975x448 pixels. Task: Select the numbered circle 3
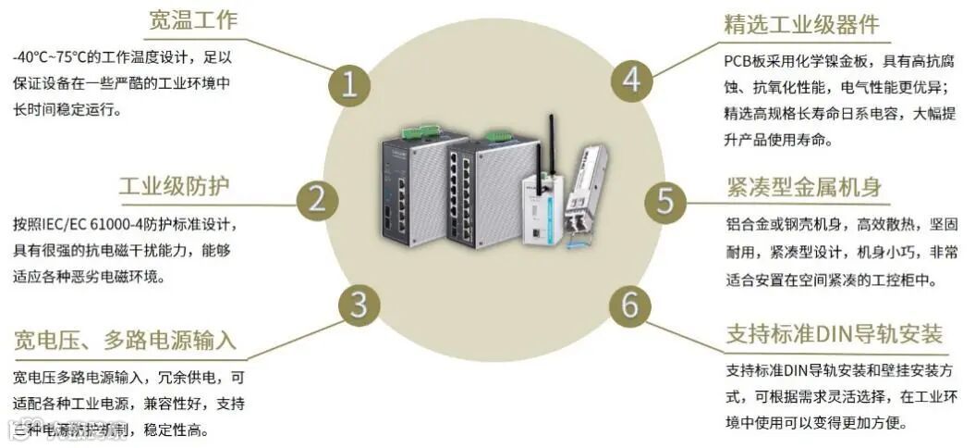360,305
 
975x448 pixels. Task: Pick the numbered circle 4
631,80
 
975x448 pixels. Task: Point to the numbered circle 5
664,198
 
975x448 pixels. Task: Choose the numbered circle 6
629,305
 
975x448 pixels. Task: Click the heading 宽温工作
193,20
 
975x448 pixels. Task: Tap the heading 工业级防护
174,185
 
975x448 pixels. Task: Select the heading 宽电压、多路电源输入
125,340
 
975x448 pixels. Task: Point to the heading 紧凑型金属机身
803,187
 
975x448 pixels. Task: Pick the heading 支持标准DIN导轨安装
834,333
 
